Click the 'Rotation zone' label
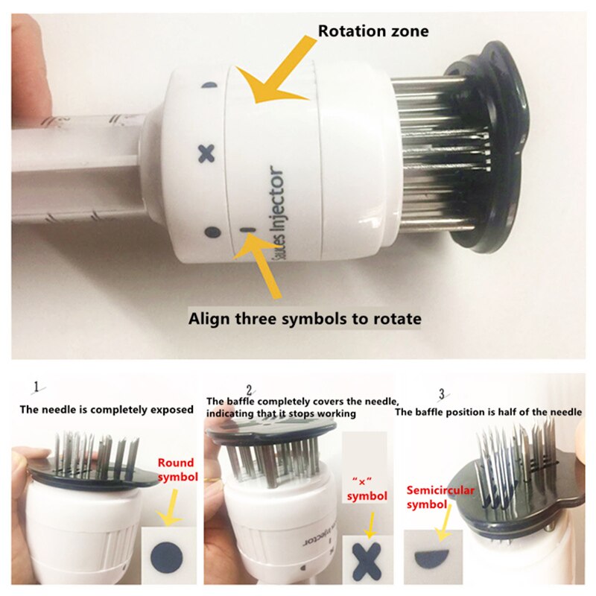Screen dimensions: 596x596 tap(373, 31)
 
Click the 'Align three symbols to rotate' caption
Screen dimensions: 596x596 tap(305, 318)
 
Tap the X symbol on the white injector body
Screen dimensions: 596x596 tap(206, 153)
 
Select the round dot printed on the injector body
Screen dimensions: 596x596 tap(212, 232)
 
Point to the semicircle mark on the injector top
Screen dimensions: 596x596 tap(209, 85)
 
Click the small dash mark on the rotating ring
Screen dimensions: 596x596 tap(248, 229)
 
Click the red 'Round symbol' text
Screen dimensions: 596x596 tap(177, 469)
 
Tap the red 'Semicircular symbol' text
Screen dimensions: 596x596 tap(440, 497)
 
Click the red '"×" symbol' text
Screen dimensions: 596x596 tap(367, 489)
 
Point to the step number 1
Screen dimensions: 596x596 tap(37, 387)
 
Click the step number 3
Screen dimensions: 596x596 tap(442, 395)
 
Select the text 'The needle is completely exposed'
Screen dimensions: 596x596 tap(107, 410)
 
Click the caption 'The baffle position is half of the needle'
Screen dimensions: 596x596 tap(489, 412)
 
